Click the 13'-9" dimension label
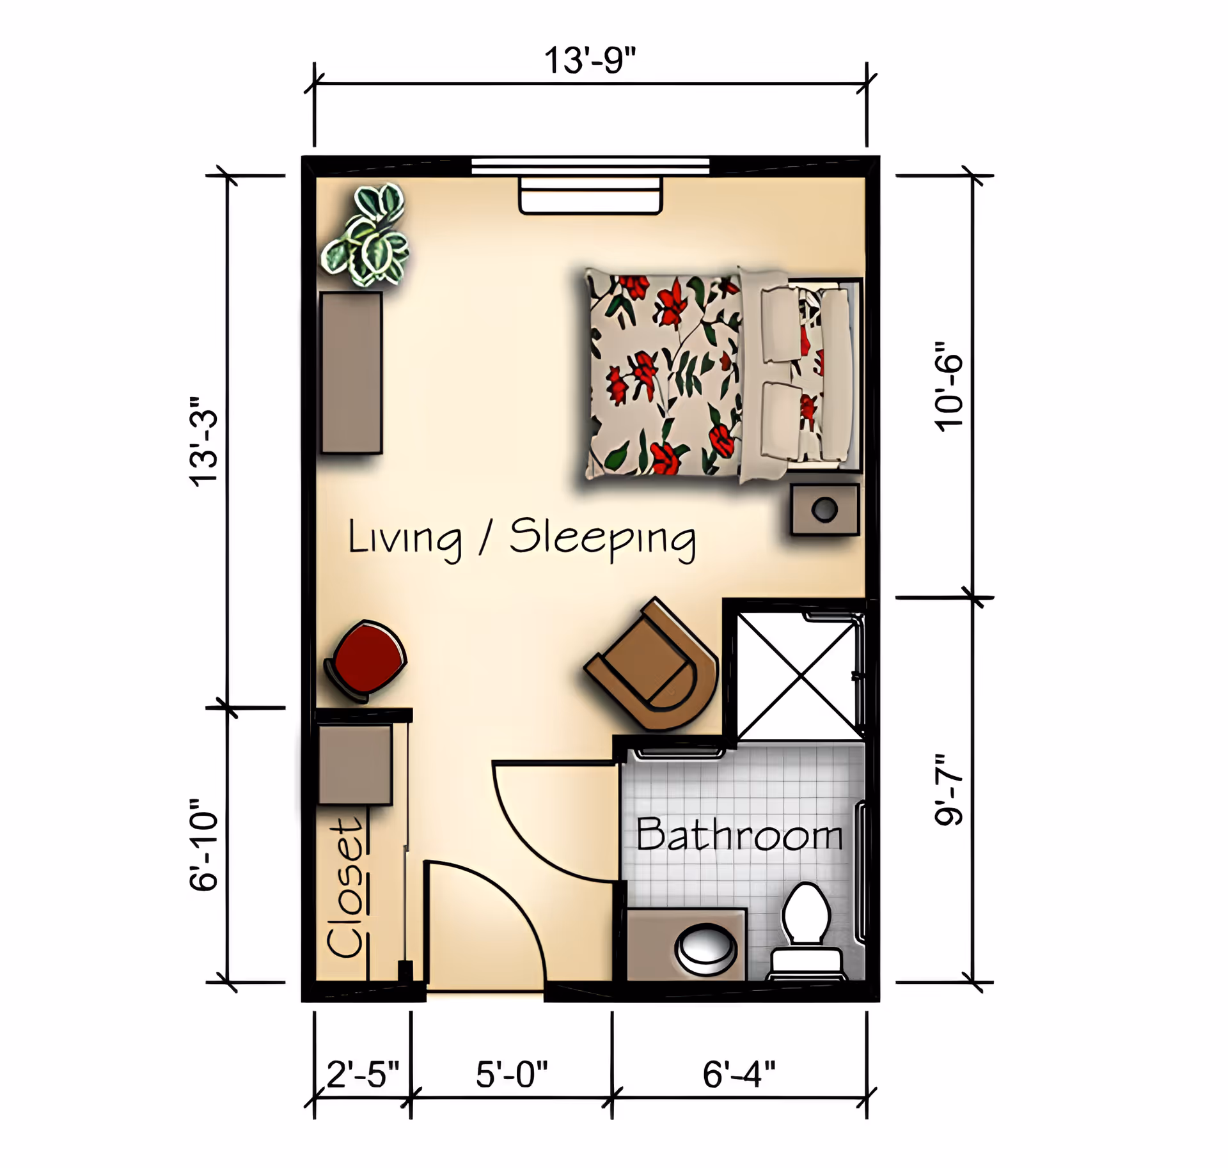pyautogui.click(x=590, y=61)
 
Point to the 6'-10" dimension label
pyautogui.click(x=204, y=845)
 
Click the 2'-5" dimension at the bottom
pyautogui.click(x=363, y=1074)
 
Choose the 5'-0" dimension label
pyautogui.click(x=512, y=1074)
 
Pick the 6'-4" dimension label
pyautogui.click(x=739, y=1074)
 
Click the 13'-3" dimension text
pyautogui.click(x=204, y=441)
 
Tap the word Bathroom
pyautogui.click(x=739, y=835)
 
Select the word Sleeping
pyautogui.click(x=602, y=538)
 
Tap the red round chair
pyautogui.click(x=368, y=658)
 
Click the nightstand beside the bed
pyautogui.click(x=824, y=510)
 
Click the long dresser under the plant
pyautogui.click(x=352, y=373)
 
